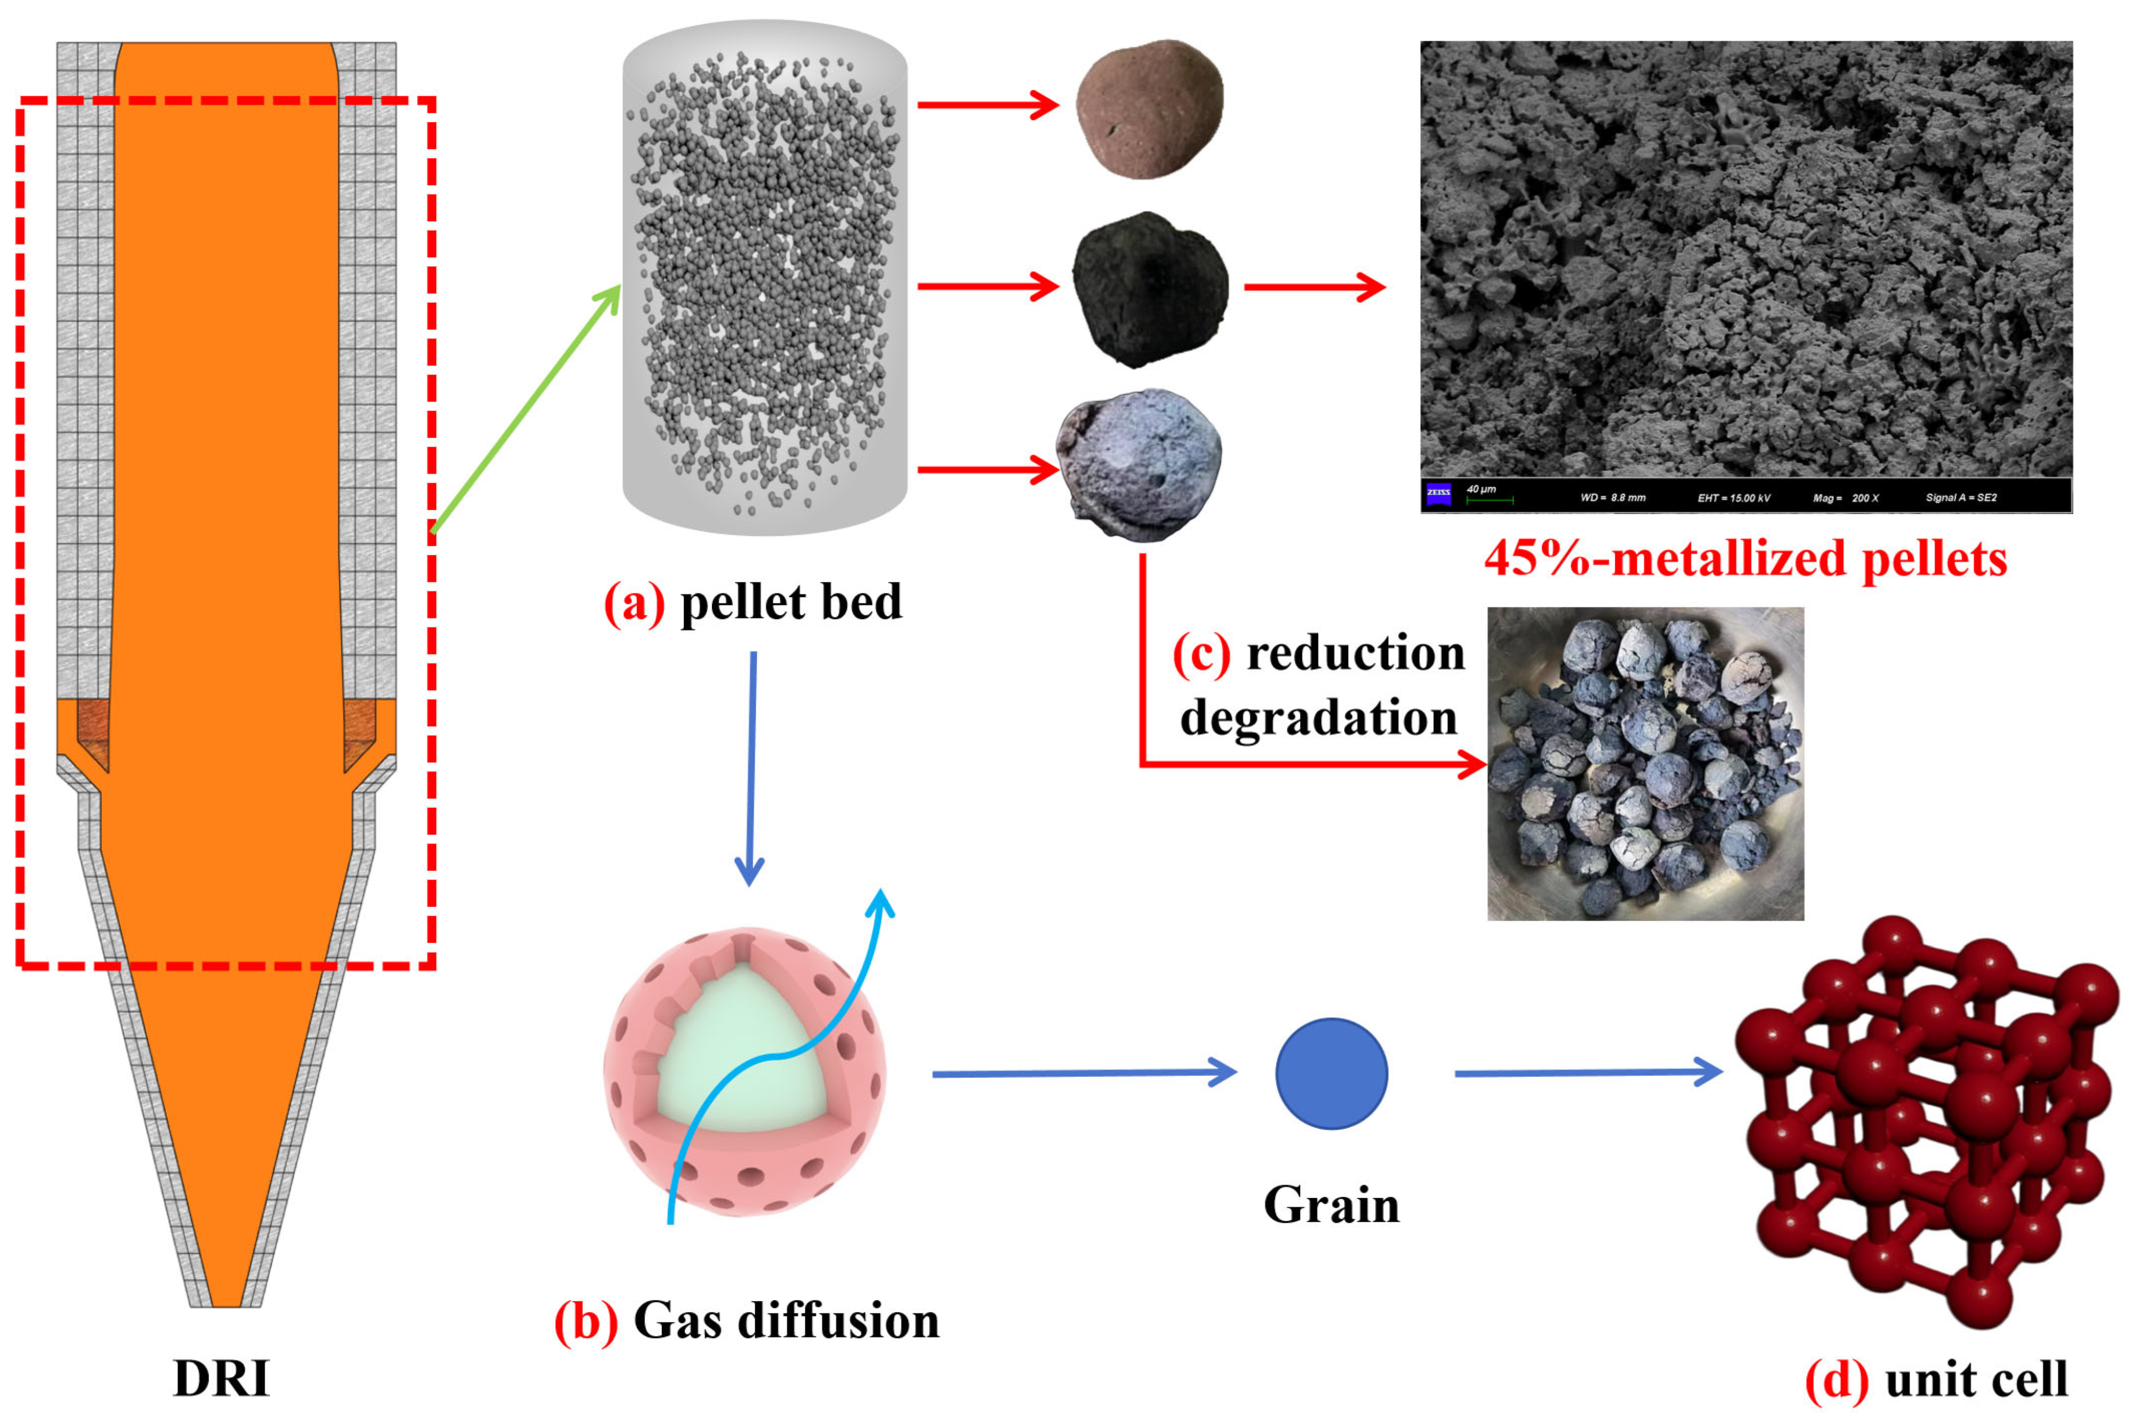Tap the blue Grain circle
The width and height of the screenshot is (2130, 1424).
[1331, 1073]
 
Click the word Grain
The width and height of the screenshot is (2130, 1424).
[1331, 1205]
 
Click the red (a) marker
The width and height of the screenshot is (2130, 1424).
[634, 602]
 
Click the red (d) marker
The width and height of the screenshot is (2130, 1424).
[1836, 1378]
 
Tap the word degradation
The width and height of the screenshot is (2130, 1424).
[1318, 718]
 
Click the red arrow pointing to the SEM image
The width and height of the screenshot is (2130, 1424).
[1313, 287]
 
